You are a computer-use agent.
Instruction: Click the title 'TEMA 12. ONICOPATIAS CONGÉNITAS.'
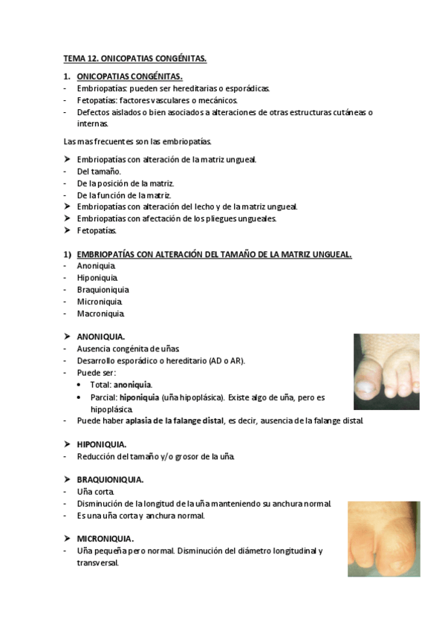(134, 57)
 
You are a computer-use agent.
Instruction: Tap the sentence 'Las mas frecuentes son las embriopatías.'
(138, 140)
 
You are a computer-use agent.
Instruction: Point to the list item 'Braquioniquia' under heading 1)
(103, 290)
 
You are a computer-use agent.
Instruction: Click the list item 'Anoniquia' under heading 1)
(96, 266)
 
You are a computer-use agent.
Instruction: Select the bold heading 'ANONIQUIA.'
(101, 337)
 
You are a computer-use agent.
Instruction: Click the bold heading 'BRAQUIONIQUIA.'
(110, 480)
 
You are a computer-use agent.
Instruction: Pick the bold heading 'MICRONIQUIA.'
(105, 538)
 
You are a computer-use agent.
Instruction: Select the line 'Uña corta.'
(95, 492)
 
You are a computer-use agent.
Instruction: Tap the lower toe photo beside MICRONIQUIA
(383, 539)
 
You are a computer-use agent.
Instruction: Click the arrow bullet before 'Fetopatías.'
(67, 230)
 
